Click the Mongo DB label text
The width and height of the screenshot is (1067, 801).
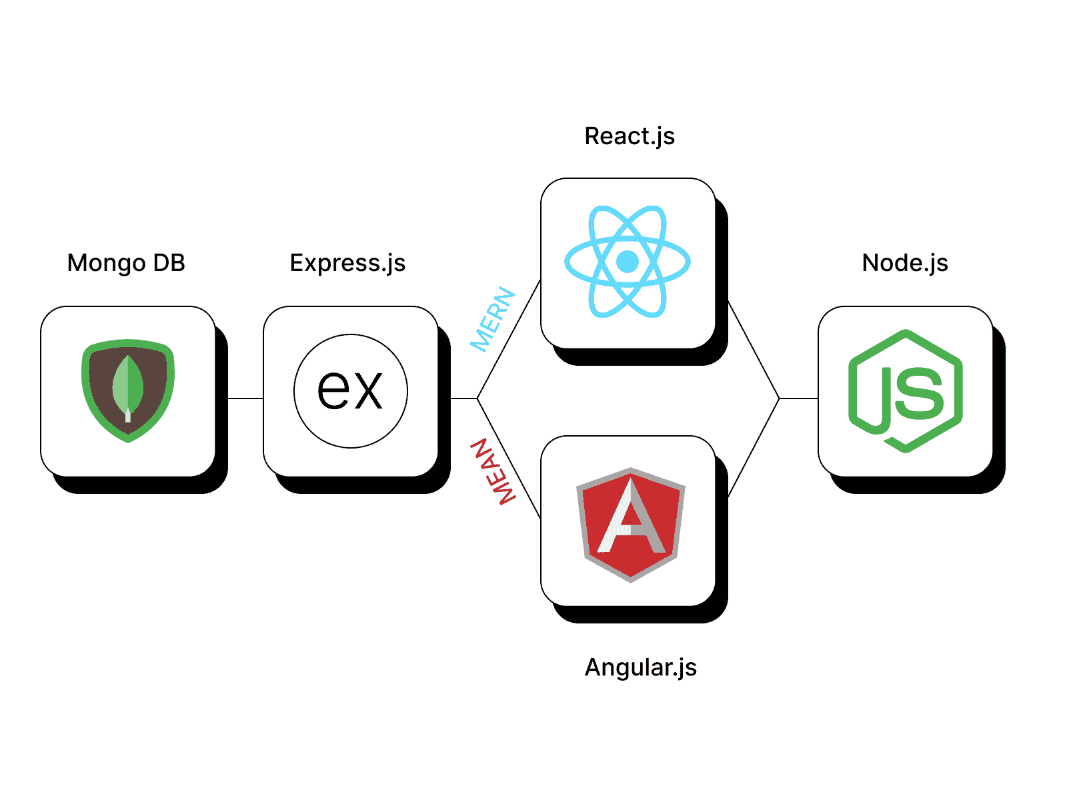126,263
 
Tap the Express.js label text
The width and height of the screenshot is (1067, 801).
347,263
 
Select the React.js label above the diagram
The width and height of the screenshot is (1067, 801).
630,136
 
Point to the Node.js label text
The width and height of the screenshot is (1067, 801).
905,263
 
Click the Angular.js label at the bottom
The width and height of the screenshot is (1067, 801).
640,667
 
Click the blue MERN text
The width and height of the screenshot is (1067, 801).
493,319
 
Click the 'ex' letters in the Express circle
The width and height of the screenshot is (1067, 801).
350,390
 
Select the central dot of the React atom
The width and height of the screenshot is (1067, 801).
628,261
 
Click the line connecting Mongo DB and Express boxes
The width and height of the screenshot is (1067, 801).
245,398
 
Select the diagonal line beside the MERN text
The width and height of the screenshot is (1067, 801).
509,338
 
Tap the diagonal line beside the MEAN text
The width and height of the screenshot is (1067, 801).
509,459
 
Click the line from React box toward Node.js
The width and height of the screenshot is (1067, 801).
754,350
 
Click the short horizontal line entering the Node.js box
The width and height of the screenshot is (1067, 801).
798,398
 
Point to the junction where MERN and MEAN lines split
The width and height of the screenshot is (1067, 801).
477,398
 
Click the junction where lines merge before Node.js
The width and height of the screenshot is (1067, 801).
779,398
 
